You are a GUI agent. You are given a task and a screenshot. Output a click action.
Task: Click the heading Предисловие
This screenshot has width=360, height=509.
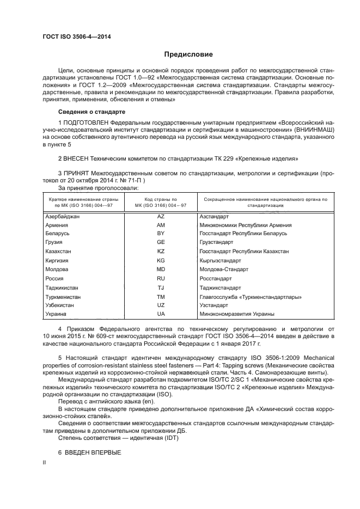[x=189, y=54]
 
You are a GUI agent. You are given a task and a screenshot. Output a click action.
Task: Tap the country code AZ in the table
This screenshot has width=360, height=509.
[x=161, y=216]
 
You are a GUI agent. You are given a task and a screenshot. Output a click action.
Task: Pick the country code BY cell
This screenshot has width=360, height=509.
[x=161, y=234]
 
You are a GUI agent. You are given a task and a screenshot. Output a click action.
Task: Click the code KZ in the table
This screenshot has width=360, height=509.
[x=161, y=252]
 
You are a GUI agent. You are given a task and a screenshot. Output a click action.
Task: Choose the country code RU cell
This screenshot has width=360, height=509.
[x=161, y=278]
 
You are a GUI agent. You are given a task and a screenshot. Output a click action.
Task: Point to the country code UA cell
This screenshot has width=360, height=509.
[x=161, y=314]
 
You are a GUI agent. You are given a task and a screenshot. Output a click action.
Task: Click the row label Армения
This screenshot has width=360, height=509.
[x=57, y=225]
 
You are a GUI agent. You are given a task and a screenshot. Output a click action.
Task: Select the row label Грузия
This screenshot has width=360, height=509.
[x=54, y=243]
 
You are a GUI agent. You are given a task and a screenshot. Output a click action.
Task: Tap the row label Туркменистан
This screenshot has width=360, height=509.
[x=63, y=296]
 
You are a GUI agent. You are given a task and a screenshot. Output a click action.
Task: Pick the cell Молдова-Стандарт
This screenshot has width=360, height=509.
[x=223, y=269]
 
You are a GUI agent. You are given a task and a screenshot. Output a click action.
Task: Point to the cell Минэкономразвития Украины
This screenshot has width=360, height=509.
[x=236, y=314]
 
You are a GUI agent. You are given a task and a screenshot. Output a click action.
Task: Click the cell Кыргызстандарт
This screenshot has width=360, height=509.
[x=220, y=260]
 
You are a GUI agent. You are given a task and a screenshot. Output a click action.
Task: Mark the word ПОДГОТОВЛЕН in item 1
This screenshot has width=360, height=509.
[x=86, y=122]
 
